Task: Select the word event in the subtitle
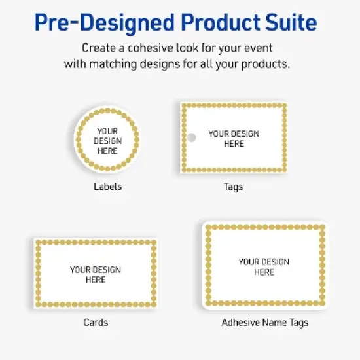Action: click(259, 48)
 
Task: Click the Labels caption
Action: click(107, 187)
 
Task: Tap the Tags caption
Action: click(233, 187)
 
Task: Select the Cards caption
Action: click(96, 322)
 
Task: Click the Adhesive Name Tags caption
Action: click(264, 322)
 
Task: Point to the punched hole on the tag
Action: click(192, 138)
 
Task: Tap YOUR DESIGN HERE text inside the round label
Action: click(107, 141)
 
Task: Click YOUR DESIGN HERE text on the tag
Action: click(234, 138)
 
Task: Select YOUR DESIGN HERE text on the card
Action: click(96, 274)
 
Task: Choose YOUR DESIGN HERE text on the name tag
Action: click(264, 267)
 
